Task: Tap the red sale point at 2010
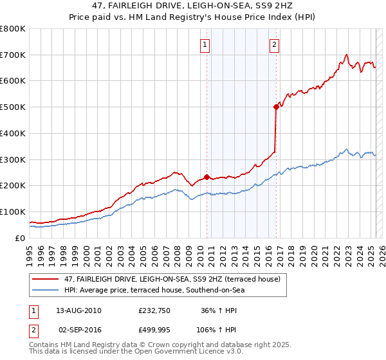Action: (x=207, y=177)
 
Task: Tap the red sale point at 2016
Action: (x=277, y=107)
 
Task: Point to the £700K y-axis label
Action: (x=13, y=55)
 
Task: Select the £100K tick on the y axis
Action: (x=13, y=212)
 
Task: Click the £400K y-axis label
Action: (x=13, y=133)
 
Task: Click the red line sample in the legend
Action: (x=45, y=280)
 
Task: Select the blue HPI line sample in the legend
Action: (x=45, y=290)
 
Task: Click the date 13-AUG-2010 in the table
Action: (x=78, y=310)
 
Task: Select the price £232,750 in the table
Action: (x=153, y=310)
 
